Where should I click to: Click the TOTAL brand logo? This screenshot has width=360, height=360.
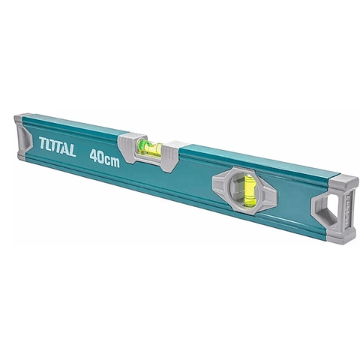coord(57,147)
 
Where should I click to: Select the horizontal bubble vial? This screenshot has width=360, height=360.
coord(149,147)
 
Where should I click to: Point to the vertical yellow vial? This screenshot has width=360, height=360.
coord(249,189)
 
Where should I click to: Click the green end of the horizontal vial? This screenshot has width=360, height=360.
coord(142,145)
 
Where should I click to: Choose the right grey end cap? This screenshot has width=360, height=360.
coord(335,209)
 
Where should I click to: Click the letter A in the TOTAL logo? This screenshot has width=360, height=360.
coord(64,148)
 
